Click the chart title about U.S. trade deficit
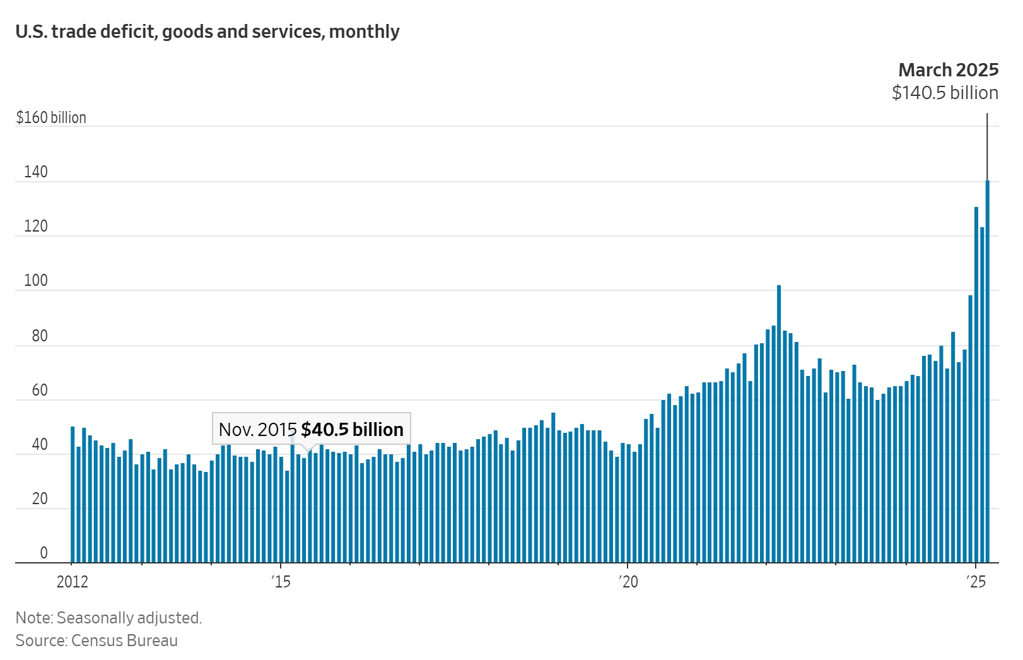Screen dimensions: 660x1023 click(x=208, y=32)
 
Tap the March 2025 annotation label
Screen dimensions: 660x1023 click(x=948, y=69)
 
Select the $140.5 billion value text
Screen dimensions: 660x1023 click(x=944, y=93)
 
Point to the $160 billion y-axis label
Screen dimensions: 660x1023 click(x=51, y=117)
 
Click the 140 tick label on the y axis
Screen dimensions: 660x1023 click(x=36, y=172)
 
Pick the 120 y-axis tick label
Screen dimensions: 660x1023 click(x=36, y=226)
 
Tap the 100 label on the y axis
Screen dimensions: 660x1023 click(x=36, y=280)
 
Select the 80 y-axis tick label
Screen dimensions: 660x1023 click(x=40, y=336)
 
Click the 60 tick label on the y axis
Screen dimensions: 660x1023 click(x=40, y=390)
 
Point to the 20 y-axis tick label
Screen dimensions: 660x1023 click(x=40, y=498)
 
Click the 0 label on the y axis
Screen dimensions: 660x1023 click(x=44, y=553)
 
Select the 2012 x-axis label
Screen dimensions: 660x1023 click(x=73, y=582)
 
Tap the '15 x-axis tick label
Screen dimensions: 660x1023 click(x=281, y=582)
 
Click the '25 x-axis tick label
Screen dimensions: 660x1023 click(x=976, y=582)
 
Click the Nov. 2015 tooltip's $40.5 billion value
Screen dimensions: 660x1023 click(x=352, y=430)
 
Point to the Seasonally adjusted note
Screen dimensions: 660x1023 click(x=108, y=618)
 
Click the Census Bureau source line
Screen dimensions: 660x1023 click(x=96, y=640)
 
